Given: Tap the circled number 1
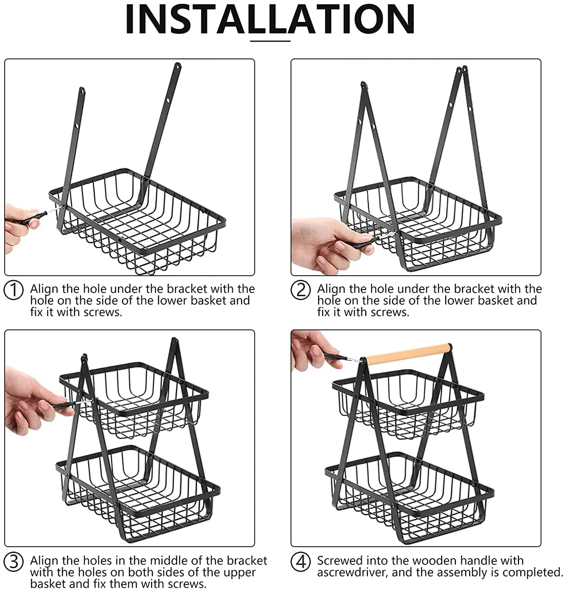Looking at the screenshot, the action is [x=14, y=291].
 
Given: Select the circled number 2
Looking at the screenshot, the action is [x=301, y=291].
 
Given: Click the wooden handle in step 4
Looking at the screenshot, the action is [x=407, y=353].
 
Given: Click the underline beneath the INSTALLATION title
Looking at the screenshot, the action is [x=270, y=40].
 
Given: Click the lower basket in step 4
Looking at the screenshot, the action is [x=409, y=498].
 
